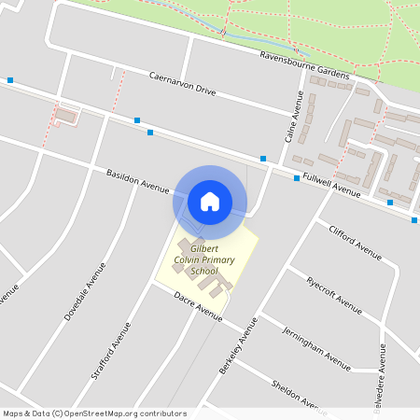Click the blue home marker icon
tap(210, 202)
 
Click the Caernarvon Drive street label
tap(182, 83)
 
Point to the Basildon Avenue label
tap(138, 181)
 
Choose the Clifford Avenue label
tap(355, 241)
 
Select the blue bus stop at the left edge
tap(9, 80)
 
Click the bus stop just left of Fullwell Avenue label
tap(297, 178)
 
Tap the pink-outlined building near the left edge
tap(64, 115)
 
